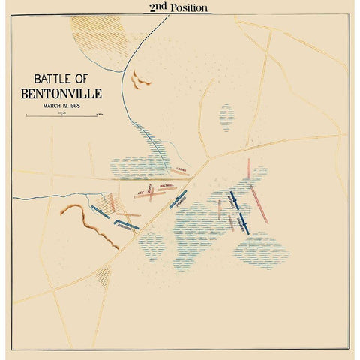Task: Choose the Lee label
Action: point(140,192)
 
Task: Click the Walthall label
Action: point(166,184)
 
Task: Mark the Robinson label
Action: point(124,229)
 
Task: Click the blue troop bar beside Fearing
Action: point(178,199)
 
